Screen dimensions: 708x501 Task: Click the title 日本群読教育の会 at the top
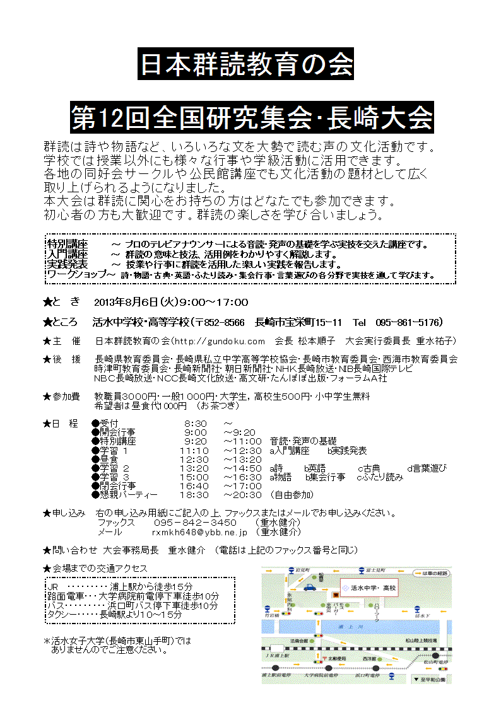tap(246, 64)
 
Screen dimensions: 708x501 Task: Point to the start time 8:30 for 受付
tap(195, 422)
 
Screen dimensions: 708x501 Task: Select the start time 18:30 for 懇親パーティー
tap(193, 495)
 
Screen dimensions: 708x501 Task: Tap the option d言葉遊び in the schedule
tap(427, 468)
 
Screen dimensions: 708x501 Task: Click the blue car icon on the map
tap(309, 587)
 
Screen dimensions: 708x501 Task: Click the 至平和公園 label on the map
tap(432, 680)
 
